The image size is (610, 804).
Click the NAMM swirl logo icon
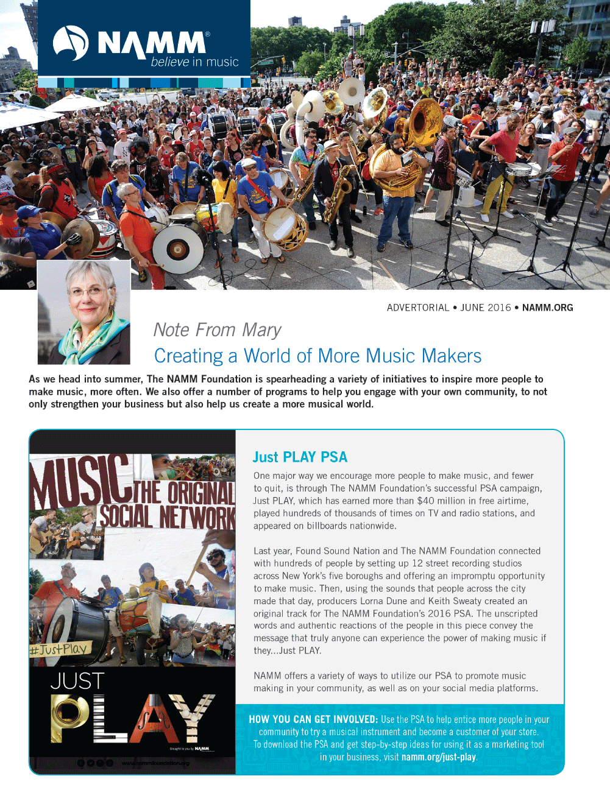pos(71,43)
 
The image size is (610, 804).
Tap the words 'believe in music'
pos(194,62)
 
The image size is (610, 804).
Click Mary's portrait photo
pos(84,312)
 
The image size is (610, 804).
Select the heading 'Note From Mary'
pos(217,330)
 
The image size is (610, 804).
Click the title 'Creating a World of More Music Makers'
pos(317,356)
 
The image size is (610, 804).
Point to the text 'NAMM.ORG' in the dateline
pos(547,308)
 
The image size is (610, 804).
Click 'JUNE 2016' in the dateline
pos(485,308)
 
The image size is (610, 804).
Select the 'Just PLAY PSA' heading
pos(300,457)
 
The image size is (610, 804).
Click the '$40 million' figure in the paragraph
pos(441,501)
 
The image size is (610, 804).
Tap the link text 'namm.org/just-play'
pos(438,757)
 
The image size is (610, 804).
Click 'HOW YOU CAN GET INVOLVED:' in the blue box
pos(313,719)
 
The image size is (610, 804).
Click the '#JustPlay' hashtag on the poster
pos(59,649)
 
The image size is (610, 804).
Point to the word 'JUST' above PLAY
pos(77,681)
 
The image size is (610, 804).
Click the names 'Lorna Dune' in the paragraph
pos(383,601)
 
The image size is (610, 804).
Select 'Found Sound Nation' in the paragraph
pos(337,551)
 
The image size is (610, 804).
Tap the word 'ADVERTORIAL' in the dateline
pos(417,308)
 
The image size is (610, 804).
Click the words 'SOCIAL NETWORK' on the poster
pos(167,517)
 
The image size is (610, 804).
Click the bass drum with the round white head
pos(178,249)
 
